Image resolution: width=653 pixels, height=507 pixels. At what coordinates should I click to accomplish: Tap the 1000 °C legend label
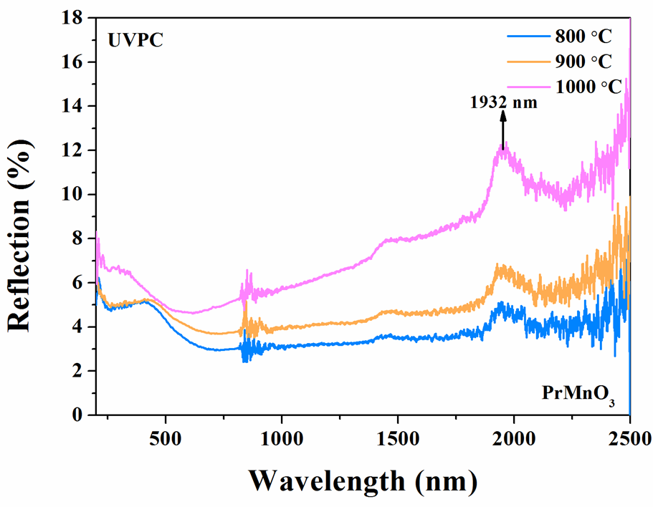[x=587, y=87]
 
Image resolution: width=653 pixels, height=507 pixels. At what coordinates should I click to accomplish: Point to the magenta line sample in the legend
[x=528, y=87]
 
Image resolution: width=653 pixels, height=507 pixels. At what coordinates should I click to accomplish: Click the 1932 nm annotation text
[x=503, y=102]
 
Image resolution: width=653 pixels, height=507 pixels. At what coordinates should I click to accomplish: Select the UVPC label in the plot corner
[x=135, y=40]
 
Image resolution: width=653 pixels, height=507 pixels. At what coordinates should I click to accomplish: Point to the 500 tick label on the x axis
[x=166, y=437]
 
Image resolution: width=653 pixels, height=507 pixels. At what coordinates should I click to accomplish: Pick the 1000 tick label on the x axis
[x=282, y=437]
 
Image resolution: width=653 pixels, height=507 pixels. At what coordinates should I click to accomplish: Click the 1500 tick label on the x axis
[x=398, y=437]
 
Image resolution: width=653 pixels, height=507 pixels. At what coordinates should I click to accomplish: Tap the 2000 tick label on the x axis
[x=514, y=437]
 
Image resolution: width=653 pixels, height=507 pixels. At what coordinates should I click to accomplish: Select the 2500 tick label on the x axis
[x=629, y=437]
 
